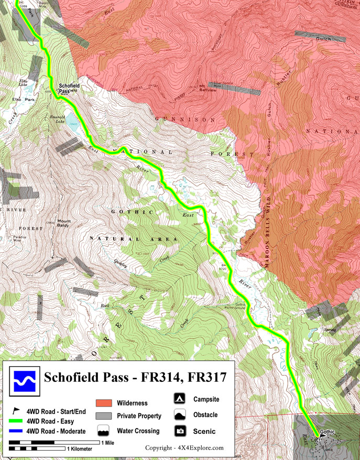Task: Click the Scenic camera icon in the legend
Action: pyautogui.click(x=180, y=431)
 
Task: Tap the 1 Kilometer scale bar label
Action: pyautogui.click(x=80, y=449)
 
